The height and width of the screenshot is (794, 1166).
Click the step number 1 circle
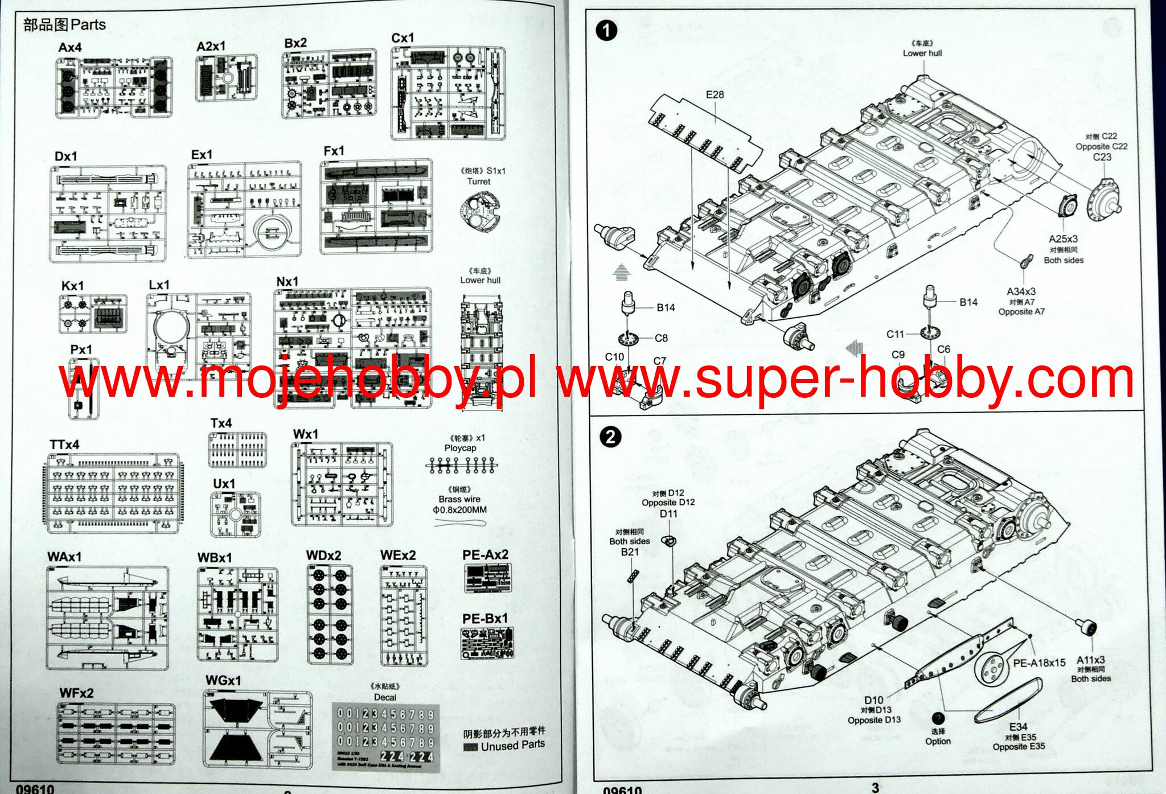tap(606, 30)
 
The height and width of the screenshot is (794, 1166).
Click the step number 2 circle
tap(610, 437)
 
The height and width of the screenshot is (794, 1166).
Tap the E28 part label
tap(715, 94)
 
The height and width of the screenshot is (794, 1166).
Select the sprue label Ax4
tap(70, 47)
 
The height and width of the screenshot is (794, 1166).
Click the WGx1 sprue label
tap(223, 681)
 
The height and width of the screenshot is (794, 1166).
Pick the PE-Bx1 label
tap(485, 618)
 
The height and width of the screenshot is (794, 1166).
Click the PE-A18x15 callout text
tap(1039, 663)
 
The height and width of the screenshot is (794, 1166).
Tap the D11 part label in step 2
tap(668, 514)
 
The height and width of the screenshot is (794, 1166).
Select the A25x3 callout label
tap(1063, 239)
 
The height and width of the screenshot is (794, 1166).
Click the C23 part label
tap(1102, 157)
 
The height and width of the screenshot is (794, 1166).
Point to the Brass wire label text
tap(459, 499)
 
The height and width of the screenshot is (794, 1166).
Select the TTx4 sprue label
tap(64, 445)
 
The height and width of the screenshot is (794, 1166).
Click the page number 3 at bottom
tap(875, 787)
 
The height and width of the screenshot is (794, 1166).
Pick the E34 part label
tap(1018, 727)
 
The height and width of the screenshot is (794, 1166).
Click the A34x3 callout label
tap(1021, 291)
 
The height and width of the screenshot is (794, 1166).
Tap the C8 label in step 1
tap(661, 338)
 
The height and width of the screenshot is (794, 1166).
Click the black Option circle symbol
tap(938, 719)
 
